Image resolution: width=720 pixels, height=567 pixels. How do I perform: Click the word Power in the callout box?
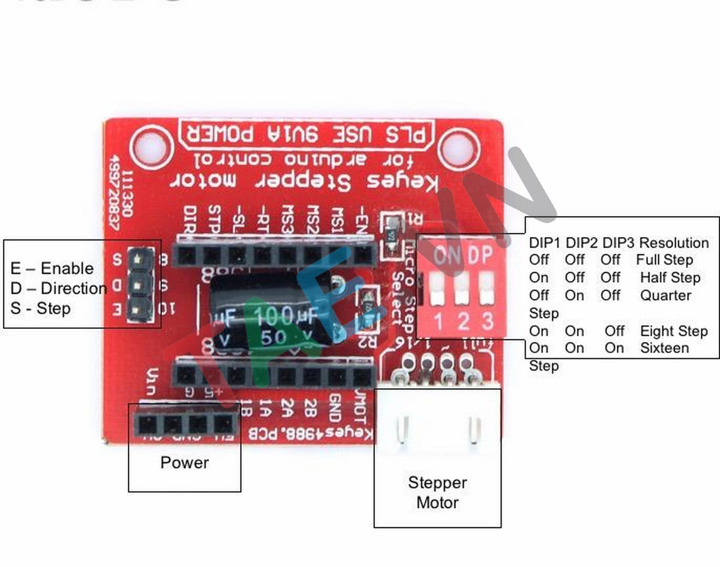[185, 463]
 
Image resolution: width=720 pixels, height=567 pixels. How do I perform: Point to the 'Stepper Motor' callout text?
[437, 493]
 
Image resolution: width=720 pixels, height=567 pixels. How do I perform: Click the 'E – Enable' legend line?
[52, 268]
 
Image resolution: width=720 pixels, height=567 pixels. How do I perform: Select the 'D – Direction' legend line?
[59, 288]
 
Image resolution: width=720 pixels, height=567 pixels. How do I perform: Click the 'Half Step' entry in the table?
[670, 278]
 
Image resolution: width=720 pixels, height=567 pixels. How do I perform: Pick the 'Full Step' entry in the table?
[664, 260]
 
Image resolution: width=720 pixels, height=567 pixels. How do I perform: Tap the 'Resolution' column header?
[674, 243]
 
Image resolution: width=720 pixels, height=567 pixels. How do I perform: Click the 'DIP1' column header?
[545, 243]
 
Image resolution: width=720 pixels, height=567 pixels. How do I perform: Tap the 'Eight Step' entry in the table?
[674, 331]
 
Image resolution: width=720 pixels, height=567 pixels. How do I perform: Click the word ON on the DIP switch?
[447, 256]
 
